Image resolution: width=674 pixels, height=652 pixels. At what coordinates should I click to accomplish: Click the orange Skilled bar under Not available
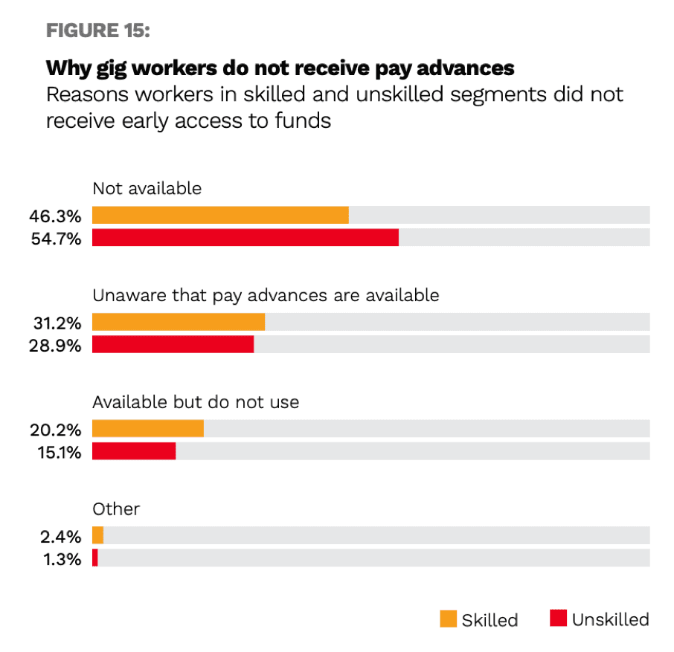pyautogui.click(x=220, y=216)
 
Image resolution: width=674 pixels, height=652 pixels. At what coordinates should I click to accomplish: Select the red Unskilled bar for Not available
pyautogui.click(x=245, y=238)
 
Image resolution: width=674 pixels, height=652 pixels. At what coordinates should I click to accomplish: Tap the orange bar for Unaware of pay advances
pyautogui.click(x=179, y=322)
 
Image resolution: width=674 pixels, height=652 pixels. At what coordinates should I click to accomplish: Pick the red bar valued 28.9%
pyautogui.click(x=173, y=344)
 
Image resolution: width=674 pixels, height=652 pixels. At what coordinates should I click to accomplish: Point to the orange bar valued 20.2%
pyautogui.click(x=148, y=429)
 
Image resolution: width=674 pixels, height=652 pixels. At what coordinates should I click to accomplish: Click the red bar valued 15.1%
pyautogui.click(x=134, y=451)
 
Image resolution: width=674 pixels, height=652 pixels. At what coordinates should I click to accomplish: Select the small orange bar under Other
pyautogui.click(x=97, y=535)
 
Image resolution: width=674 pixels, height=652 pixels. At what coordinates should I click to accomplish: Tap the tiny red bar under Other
pyautogui.click(x=95, y=558)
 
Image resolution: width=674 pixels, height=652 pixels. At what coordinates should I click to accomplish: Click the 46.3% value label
pyautogui.click(x=54, y=216)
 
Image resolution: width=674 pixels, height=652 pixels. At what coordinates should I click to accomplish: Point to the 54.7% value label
pyautogui.click(x=54, y=239)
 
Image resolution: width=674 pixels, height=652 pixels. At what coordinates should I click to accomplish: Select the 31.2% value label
pyautogui.click(x=56, y=323)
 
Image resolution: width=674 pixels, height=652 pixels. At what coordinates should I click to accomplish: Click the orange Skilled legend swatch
pyautogui.click(x=448, y=619)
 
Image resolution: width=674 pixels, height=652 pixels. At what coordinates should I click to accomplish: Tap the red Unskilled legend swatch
pyautogui.click(x=558, y=619)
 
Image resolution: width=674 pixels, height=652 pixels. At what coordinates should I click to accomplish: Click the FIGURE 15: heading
pyautogui.click(x=98, y=30)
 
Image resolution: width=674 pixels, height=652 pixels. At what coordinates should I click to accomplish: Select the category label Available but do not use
pyautogui.click(x=196, y=402)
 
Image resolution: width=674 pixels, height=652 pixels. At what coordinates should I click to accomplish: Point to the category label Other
pyautogui.click(x=116, y=509)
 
